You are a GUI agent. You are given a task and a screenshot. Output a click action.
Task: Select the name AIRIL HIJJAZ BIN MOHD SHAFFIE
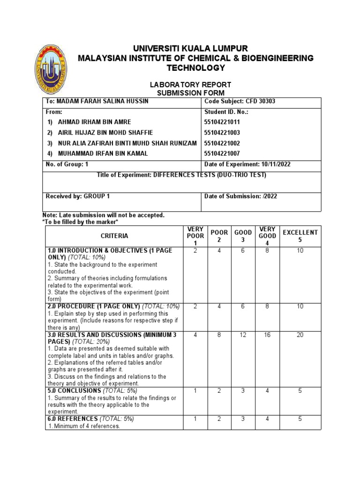coord(105,133)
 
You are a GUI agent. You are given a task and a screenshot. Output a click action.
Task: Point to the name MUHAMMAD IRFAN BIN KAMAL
coord(103,153)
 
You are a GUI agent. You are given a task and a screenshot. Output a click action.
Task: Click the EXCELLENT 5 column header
coord(300,236)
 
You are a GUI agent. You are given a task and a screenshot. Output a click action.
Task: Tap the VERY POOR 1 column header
coord(195,236)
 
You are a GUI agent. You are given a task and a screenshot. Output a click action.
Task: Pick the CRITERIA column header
coord(114,236)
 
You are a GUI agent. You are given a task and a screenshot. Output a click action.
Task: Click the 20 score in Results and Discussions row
coord(300,336)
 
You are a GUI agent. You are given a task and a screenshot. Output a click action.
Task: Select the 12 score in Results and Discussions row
coord(243,336)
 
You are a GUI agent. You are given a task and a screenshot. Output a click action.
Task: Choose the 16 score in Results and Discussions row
coord(267,336)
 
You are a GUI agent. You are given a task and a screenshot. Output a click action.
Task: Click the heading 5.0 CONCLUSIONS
coord(74,390)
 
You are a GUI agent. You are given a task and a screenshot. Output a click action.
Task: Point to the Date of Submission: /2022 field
coord(240,196)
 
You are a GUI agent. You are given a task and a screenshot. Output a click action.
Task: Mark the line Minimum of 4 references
coord(84,426)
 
